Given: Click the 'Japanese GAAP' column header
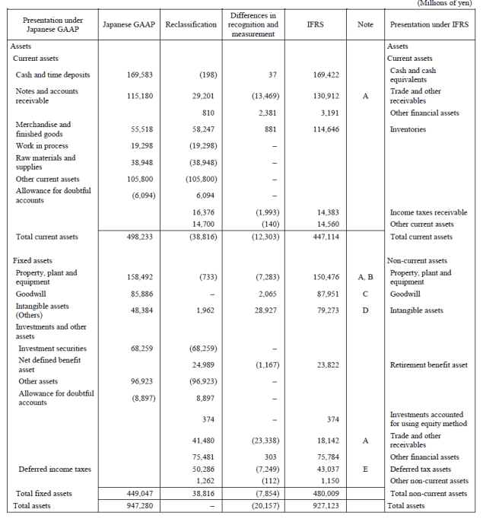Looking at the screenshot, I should [132, 24].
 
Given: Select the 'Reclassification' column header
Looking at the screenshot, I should [190, 24].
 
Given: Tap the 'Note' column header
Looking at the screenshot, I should [365, 24].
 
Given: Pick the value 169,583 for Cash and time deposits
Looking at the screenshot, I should [136, 75].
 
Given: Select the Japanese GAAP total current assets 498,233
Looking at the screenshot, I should [136, 237].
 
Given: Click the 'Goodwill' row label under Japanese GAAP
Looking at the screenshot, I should [30, 294].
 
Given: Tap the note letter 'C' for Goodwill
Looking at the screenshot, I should [365, 294].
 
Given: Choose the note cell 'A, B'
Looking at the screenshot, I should [365, 277].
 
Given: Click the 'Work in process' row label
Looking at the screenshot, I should [42, 145].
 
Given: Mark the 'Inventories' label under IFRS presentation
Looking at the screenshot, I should [408, 129].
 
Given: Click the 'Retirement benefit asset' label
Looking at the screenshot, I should [428, 365].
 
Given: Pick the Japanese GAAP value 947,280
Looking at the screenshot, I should [136, 505].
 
